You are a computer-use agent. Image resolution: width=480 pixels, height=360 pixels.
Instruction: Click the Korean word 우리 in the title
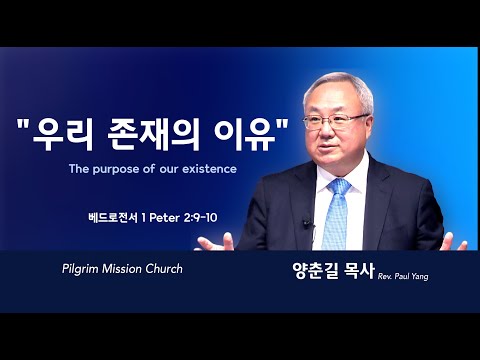pos(63,134)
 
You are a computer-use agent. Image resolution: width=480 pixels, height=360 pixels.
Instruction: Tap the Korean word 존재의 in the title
pos(154,134)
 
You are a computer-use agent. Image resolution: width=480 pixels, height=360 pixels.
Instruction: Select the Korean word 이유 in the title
pos(245,134)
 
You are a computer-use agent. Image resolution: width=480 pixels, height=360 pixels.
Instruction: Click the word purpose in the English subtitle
pos(115,169)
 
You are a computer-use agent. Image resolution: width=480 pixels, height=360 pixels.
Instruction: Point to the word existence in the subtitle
pos(209,169)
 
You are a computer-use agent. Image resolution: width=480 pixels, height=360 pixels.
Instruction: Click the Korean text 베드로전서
pos(113,218)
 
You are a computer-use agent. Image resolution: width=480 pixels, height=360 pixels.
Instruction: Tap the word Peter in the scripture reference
pos(164,218)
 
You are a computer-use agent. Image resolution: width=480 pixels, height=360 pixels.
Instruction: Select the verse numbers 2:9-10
pos(200,218)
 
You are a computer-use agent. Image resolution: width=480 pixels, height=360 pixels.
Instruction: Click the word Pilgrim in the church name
pos(80,269)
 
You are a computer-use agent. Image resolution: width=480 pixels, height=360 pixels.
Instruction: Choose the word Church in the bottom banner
pos(164,269)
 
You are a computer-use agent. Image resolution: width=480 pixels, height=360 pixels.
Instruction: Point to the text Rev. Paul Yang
pos(403,276)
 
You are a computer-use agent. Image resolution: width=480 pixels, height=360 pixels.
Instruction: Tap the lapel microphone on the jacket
pos(306,222)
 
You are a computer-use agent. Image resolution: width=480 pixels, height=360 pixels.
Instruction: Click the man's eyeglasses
pos(335,122)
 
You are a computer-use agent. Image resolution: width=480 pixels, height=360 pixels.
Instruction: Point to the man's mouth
pos(328,146)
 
